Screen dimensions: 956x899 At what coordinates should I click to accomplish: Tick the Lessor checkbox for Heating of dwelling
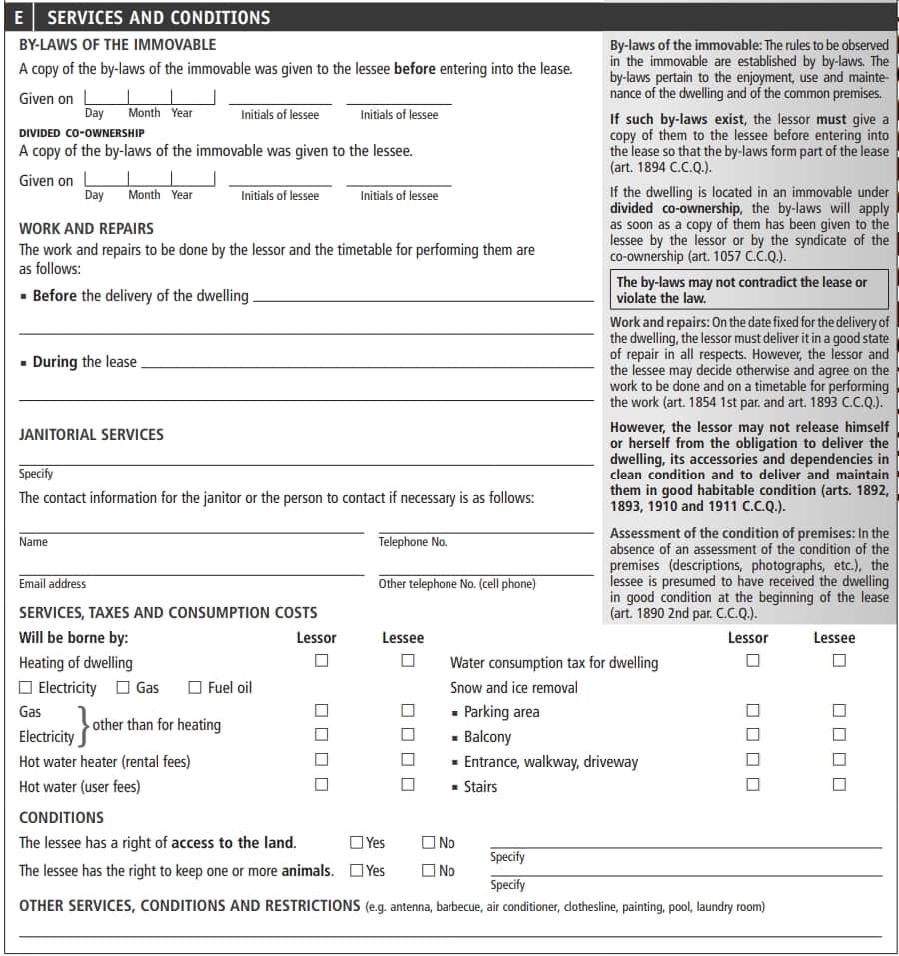321,661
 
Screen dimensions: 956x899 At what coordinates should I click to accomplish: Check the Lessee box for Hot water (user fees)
408,785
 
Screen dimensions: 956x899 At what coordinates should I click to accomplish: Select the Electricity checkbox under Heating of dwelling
26,687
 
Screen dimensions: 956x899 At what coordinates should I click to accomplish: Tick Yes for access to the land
357,843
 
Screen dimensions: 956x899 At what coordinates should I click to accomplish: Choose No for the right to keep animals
429,870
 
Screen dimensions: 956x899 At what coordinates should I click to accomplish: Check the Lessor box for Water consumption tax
753,661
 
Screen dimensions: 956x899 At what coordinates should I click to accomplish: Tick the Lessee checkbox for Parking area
839,711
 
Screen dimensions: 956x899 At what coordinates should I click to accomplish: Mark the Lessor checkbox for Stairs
753,785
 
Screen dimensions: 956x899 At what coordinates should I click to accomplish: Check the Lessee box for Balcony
839,736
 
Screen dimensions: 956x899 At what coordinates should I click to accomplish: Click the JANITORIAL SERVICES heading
91,435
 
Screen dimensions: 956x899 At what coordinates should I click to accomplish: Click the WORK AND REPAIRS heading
86,228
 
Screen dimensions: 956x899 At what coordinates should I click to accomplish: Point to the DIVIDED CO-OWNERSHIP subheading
82,133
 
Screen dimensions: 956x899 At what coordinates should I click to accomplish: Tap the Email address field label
52,584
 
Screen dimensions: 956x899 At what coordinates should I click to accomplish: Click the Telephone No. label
412,542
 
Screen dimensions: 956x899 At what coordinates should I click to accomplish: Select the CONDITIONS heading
61,817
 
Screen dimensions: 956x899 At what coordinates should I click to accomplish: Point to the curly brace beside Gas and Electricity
84,724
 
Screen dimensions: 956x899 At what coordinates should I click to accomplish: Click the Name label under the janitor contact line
33,542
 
